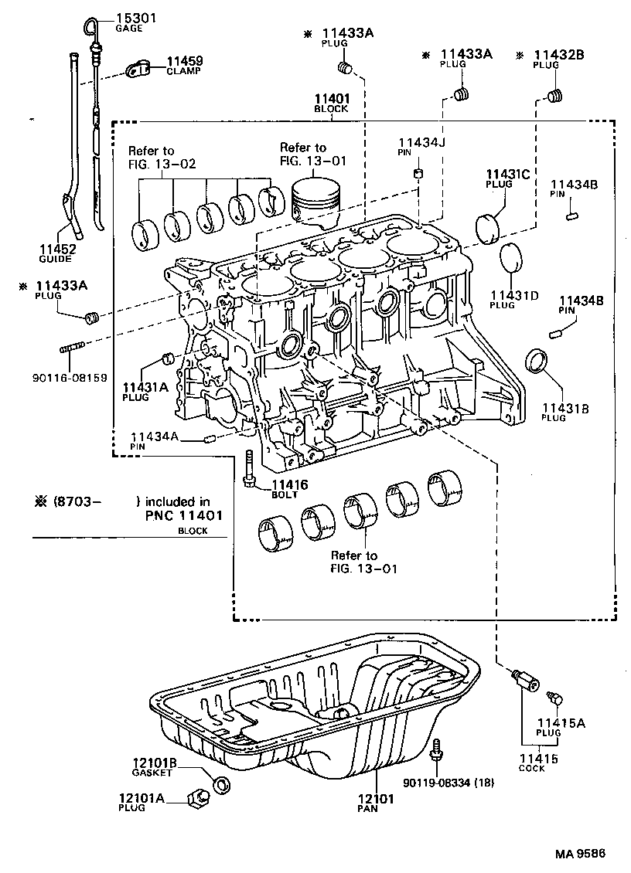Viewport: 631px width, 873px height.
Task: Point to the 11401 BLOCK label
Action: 332,104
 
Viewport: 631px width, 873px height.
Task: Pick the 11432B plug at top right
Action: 554,97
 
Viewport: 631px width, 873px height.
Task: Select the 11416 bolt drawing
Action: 250,468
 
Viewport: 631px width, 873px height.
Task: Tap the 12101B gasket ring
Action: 221,786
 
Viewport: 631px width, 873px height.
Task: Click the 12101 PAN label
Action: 376,804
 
